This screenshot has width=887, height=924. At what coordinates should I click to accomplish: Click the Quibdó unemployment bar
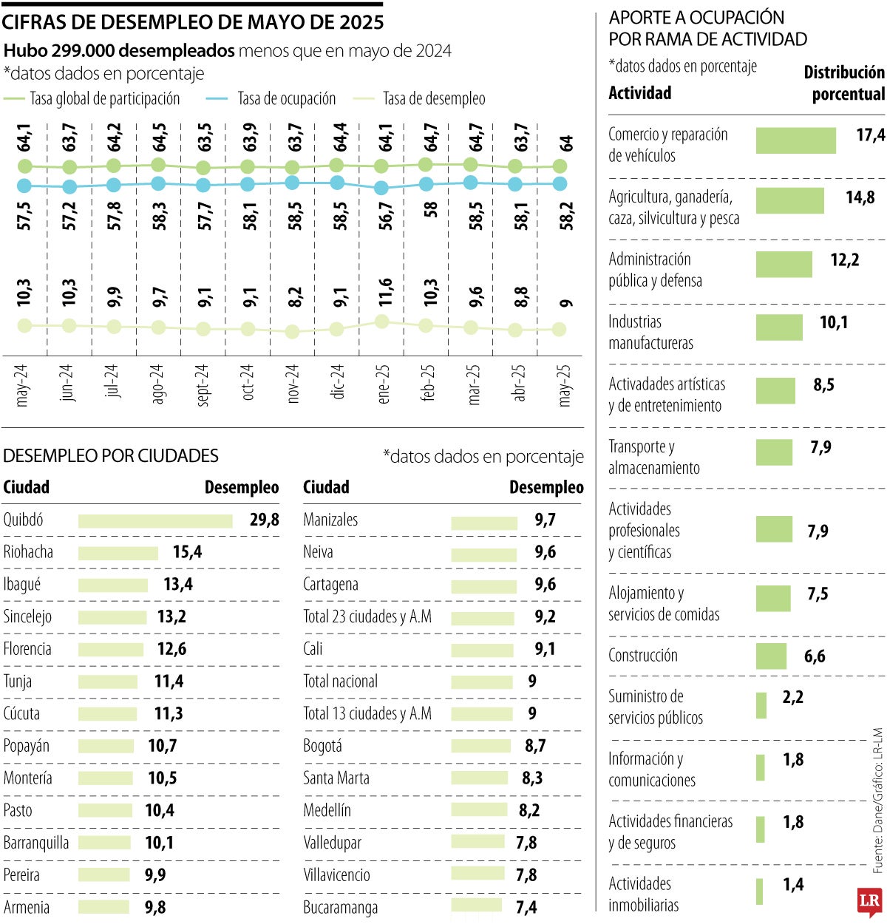pos(155,521)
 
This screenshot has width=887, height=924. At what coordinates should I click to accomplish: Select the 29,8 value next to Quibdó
pos(264,520)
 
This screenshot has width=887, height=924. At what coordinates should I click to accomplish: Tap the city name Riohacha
pos(28,552)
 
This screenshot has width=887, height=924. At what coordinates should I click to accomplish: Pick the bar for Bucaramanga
pos(477,906)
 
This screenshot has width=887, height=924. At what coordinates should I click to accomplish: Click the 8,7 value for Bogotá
pos(535,746)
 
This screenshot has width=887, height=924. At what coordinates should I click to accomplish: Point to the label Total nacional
pos(340,681)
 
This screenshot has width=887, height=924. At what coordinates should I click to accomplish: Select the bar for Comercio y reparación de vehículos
pos(795,140)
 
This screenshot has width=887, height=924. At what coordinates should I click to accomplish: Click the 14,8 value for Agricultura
pos(860,197)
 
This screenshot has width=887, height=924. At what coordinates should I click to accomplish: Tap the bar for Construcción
pos(771,656)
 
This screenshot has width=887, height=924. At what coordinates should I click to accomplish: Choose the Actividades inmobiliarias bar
pos(759,891)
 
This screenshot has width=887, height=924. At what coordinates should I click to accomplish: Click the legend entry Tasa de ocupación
pos(286,99)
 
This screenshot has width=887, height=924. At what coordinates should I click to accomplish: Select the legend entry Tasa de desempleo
pos(433,99)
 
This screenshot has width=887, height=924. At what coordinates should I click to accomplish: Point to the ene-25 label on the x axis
pos(384,384)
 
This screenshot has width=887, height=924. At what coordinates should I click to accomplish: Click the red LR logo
pos(869,900)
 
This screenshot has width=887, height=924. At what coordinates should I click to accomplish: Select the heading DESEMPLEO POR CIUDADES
pos(111,455)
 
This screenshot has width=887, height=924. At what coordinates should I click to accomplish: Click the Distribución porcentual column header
pos(843,83)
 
